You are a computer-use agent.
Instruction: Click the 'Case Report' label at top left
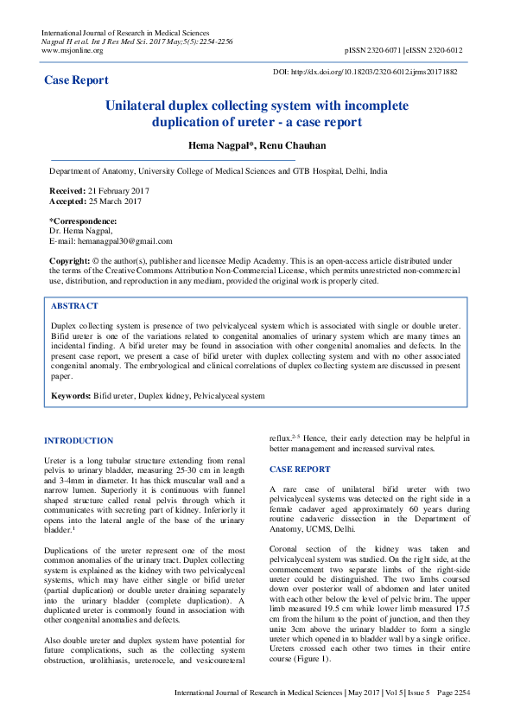coord(76,80)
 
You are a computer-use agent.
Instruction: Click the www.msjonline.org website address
coord(73,50)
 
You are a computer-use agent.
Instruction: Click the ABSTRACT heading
coord(74,306)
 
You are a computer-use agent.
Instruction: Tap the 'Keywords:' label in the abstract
coord(71,395)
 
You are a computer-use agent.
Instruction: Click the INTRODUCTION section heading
coord(79,441)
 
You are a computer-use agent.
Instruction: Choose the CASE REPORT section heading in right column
coord(300,469)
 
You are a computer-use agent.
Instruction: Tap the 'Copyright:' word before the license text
coord(70,260)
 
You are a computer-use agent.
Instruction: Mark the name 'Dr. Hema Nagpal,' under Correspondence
coord(81,231)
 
